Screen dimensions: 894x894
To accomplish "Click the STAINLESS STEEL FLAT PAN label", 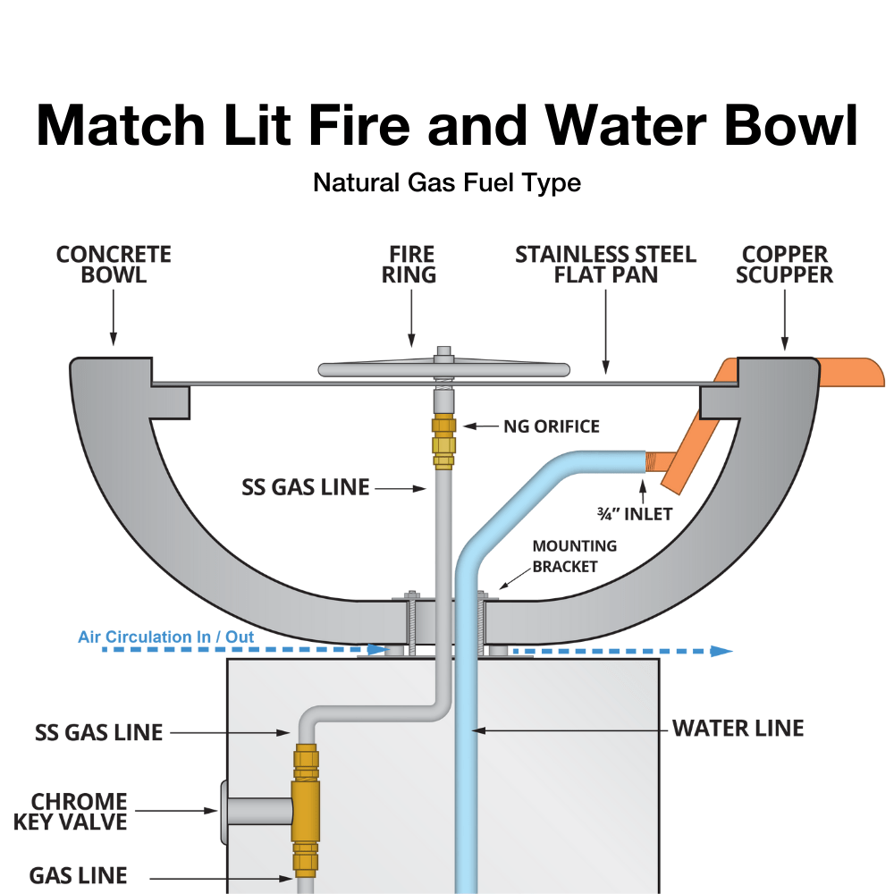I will pos(605,265).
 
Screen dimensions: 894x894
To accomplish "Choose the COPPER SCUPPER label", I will pos(784,265).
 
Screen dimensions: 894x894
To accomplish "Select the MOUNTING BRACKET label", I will pos(574,555).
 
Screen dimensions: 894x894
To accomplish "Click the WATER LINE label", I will pos(738,729).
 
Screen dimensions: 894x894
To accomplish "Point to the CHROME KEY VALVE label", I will pos(70,811).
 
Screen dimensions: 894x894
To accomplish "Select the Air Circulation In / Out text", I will pos(165,637).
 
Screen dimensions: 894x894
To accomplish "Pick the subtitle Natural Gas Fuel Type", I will pos(447,183).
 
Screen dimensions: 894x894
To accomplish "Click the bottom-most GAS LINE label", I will pos(78,875).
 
